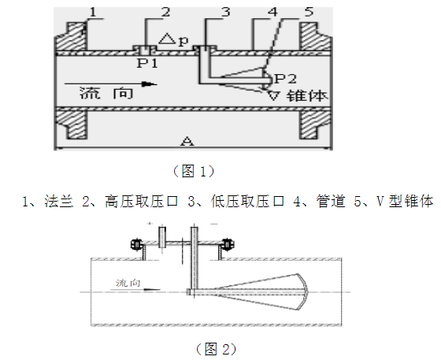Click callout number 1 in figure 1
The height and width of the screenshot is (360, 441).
(x=93, y=12)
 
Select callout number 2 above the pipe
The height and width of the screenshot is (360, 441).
(x=165, y=12)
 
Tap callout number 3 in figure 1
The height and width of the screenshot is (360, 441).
(x=225, y=12)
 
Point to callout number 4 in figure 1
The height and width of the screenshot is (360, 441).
(x=272, y=12)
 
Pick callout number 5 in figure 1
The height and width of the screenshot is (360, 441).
(x=309, y=12)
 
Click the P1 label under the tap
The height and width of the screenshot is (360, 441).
(x=147, y=63)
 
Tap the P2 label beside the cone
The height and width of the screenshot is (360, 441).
(x=285, y=79)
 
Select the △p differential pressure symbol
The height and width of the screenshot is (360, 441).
(x=173, y=39)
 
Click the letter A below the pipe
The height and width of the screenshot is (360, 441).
(x=187, y=141)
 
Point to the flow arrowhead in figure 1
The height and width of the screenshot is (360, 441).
(x=150, y=84)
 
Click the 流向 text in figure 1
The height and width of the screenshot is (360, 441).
(x=106, y=93)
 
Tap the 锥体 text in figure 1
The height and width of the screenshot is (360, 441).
(x=307, y=95)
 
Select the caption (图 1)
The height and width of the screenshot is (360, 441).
(x=194, y=171)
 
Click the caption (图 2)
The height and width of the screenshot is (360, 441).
(x=216, y=349)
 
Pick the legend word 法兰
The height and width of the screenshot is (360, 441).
(x=59, y=202)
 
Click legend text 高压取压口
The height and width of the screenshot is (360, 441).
(x=142, y=202)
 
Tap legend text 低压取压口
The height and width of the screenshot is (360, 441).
(x=248, y=202)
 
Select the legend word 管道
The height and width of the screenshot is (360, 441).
(x=331, y=202)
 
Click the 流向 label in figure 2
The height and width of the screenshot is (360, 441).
(x=128, y=283)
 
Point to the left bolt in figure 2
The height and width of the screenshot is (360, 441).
(x=136, y=244)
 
